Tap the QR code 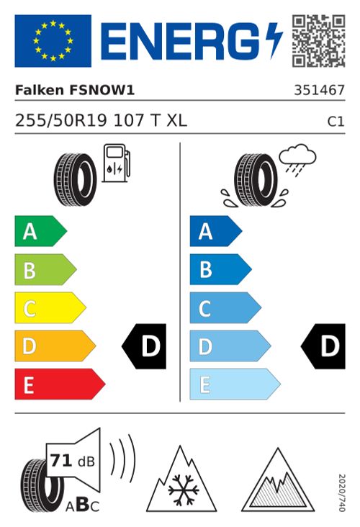point(318,40)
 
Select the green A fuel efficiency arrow point(40,232)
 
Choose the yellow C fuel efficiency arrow point(49,309)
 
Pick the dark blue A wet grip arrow point(215,232)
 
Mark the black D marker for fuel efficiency point(145,347)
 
